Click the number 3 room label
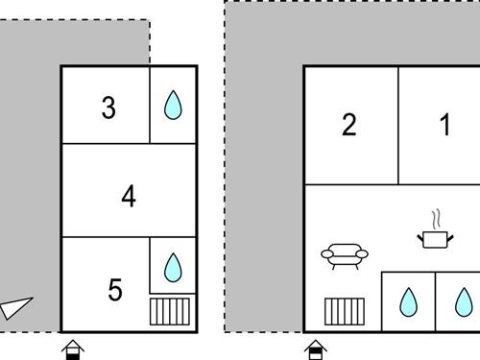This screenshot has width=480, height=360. point(108,108)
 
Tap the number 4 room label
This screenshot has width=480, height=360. point(129,196)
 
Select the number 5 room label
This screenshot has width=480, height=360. point(115,290)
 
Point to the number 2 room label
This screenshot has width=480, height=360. point(349,125)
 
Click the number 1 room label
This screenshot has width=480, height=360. point(445,125)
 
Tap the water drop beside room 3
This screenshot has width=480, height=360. point(173,105)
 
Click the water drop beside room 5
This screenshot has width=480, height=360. point(173,268)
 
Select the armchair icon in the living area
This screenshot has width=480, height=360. point(345,256)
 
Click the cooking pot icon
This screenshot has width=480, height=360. point(435,240)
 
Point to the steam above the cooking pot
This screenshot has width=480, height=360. point(436,220)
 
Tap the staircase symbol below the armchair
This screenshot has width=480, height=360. point(345,311)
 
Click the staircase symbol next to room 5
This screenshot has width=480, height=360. point(170,311)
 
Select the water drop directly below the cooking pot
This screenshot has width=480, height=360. point(409,302)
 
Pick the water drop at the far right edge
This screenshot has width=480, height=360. point(464,302)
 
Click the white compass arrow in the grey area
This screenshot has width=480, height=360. point(15,308)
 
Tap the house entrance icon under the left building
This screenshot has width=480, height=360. point(73,349)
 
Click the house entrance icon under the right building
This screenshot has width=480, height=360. point(316,349)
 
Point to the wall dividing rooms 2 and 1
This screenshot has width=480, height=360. point(398,126)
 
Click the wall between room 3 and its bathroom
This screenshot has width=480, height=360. point(150,105)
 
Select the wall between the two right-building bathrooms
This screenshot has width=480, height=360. point(435,301)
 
